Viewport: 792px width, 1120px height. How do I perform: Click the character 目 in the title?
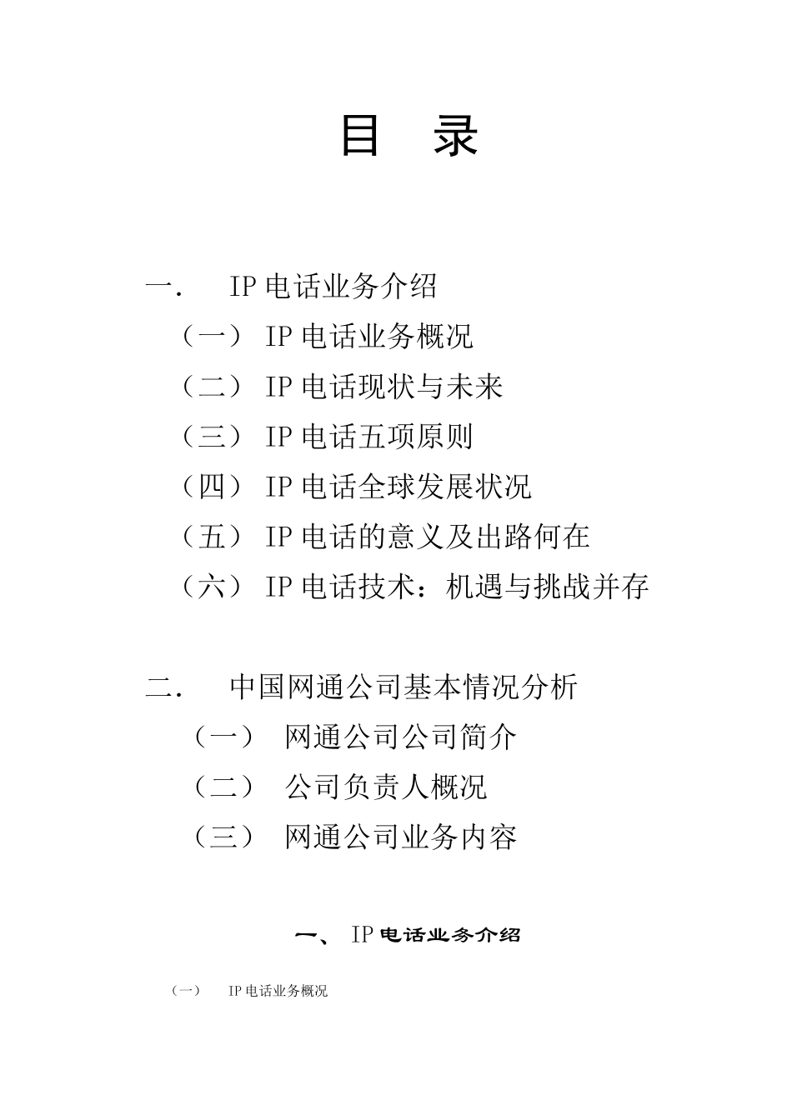point(361,135)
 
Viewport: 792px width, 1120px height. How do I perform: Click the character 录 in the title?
point(455,135)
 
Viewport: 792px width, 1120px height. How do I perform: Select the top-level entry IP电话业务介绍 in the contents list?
point(333,287)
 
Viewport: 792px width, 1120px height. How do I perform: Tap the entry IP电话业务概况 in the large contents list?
point(369,337)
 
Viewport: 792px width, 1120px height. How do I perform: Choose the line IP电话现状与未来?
point(384,387)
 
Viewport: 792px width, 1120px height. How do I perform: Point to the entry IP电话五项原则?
point(369,437)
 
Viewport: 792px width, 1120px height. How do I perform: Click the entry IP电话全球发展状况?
point(399,487)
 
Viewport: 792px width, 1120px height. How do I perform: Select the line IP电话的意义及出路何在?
point(428,537)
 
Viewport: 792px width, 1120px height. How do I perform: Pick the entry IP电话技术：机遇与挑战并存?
point(457,587)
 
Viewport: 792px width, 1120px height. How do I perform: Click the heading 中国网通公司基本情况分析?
point(404,687)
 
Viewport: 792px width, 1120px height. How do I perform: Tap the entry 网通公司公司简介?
point(401,737)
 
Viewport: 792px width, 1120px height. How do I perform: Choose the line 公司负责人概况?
point(386,787)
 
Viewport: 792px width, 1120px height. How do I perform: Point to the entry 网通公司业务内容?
point(401,837)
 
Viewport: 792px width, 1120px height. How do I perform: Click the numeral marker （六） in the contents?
point(212,587)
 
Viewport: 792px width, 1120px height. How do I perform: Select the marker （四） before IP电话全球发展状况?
point(212,487)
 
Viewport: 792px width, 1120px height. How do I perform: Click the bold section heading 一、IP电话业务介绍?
point(409,935)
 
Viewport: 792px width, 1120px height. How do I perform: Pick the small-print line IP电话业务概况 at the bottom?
point(278,991)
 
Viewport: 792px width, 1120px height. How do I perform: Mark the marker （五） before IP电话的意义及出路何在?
point(212,537)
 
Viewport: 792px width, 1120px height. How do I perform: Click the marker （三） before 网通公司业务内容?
point(223,837)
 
